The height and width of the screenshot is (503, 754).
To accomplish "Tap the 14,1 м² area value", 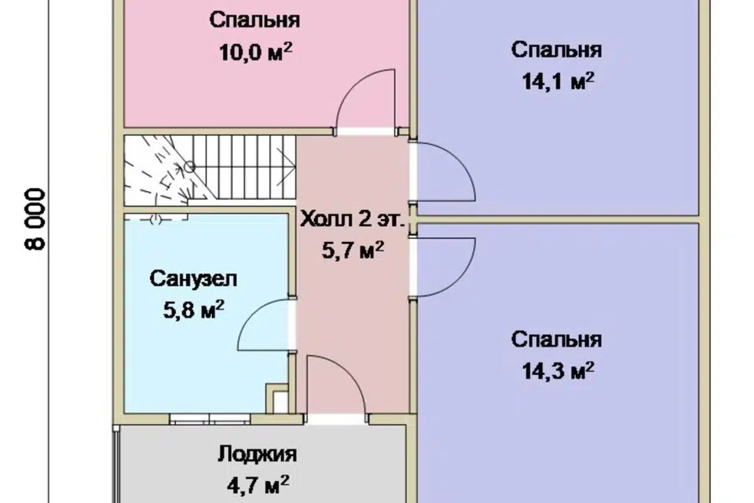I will tap(557, 83).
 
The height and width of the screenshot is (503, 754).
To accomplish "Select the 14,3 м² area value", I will tap(557, 370).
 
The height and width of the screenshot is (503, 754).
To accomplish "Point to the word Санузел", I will tap(193, 278).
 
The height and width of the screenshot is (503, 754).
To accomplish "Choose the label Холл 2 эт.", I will tap(353, 221).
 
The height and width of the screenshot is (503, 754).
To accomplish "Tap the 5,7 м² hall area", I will tap(353, 251).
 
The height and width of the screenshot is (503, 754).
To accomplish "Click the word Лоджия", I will tap(257, 454).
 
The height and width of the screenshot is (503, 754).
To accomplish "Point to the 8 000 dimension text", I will tap(36, 218).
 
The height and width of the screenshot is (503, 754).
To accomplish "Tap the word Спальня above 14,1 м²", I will tap(557, 50).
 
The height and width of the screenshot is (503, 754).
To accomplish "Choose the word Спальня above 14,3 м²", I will tap(557, 340).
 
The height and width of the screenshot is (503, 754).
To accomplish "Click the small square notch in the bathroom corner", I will tap(276, 398).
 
